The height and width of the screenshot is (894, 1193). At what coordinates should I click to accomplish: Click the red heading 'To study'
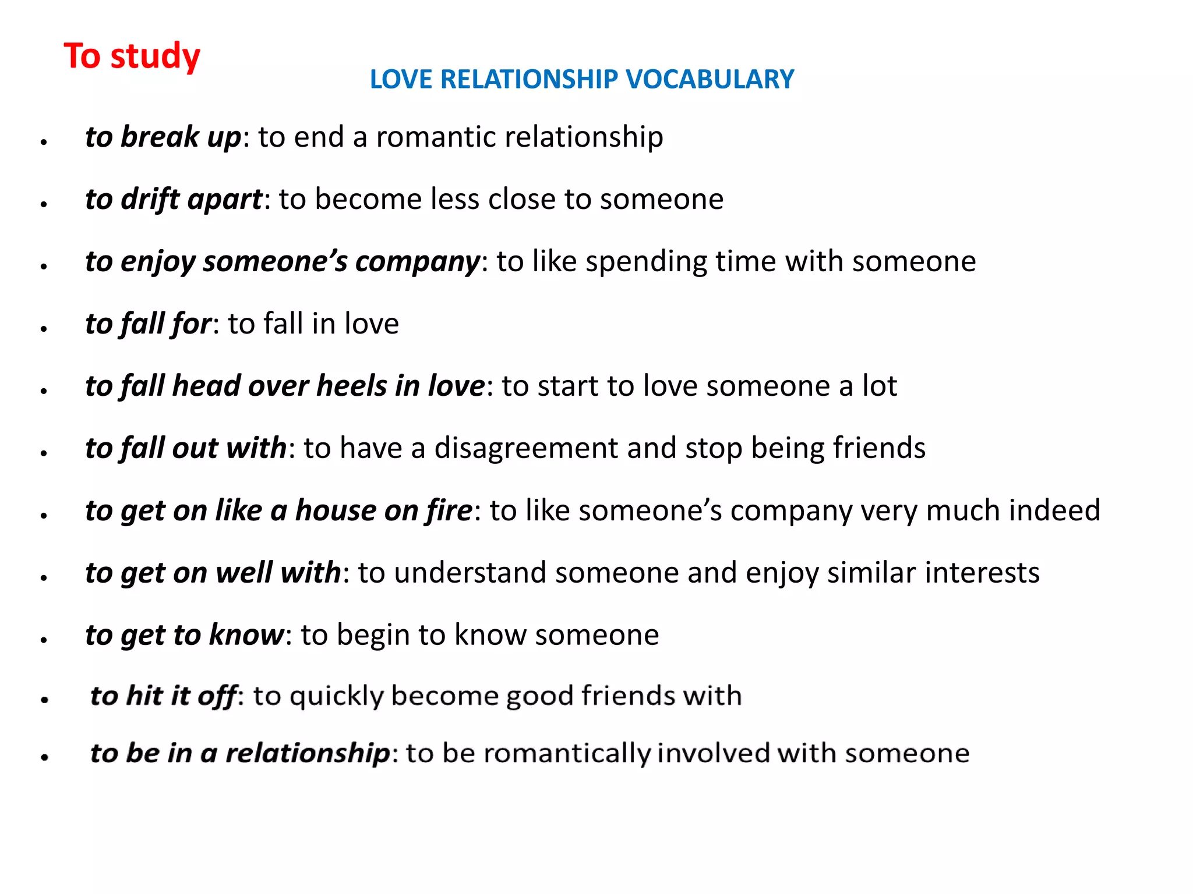click(132, 56)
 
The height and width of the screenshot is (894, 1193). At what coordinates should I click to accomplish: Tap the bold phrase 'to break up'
click(163, 137)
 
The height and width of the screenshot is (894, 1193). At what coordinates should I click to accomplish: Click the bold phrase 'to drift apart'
click(174, 200)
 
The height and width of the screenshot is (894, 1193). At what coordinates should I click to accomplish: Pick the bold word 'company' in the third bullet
click(417, 262)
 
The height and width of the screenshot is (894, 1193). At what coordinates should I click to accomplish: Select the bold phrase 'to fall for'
click(148, 324)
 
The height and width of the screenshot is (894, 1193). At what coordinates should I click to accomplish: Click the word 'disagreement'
click(526, 448)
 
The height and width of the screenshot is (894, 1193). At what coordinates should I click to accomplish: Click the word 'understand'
click(470, 573)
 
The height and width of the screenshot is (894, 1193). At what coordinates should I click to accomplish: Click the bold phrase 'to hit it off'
click(164, 696)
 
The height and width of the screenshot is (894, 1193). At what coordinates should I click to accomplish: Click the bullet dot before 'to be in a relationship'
click(44, 757)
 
